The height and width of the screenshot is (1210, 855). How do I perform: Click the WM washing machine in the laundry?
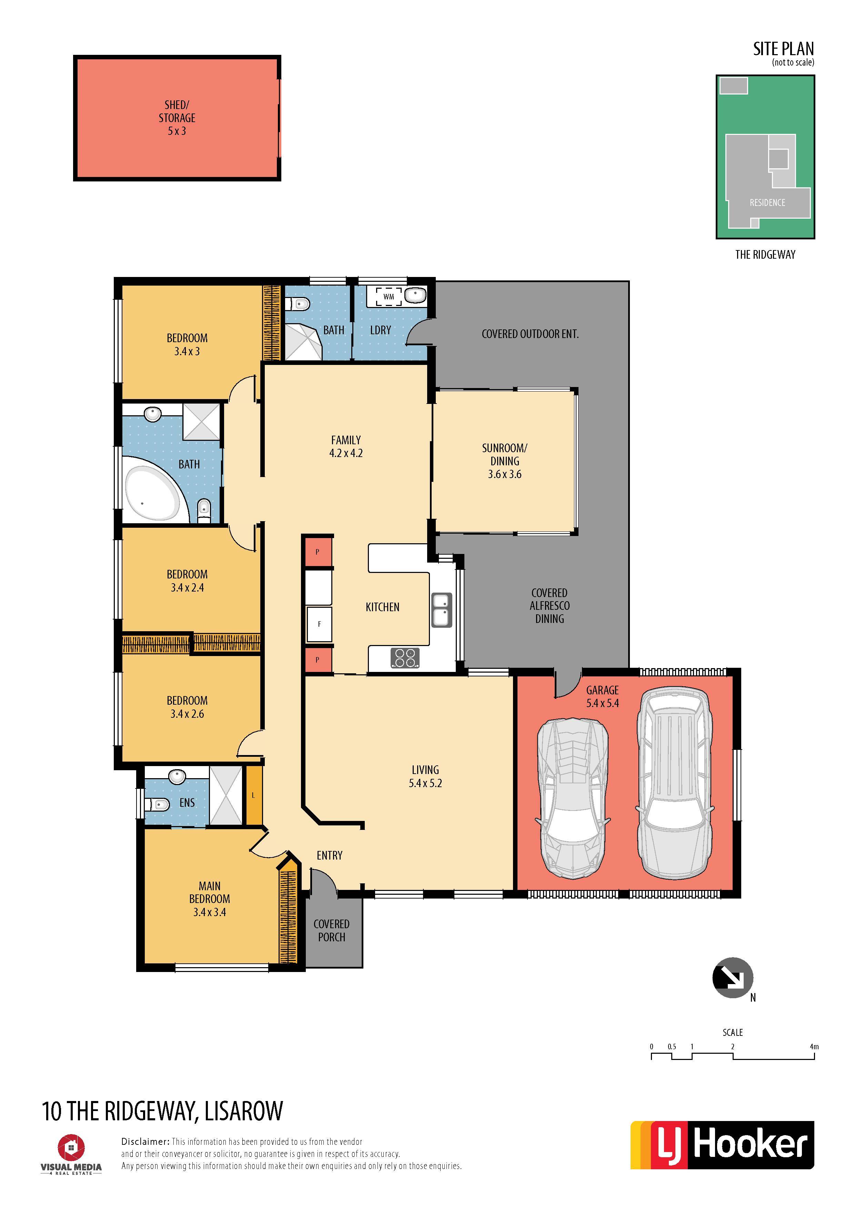tap(389, 297)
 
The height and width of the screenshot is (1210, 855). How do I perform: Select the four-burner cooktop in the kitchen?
tap(405, 658)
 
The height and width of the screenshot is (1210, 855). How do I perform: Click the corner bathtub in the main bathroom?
tap(156, 488)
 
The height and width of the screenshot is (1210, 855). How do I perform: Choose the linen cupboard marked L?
tap(253, 795)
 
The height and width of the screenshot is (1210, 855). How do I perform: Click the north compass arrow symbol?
tap(733, 978)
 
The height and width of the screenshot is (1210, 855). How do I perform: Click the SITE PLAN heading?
tap(783, 49)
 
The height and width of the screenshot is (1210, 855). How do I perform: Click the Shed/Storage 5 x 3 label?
tap(177, 118)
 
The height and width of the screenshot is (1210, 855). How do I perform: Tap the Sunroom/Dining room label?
tap(505, 461)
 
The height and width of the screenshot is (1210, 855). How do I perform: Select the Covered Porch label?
tap(331, 931)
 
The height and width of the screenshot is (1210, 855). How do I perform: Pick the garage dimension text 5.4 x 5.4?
tap(603, 703)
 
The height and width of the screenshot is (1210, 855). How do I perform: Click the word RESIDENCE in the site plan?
tap(767, 203)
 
